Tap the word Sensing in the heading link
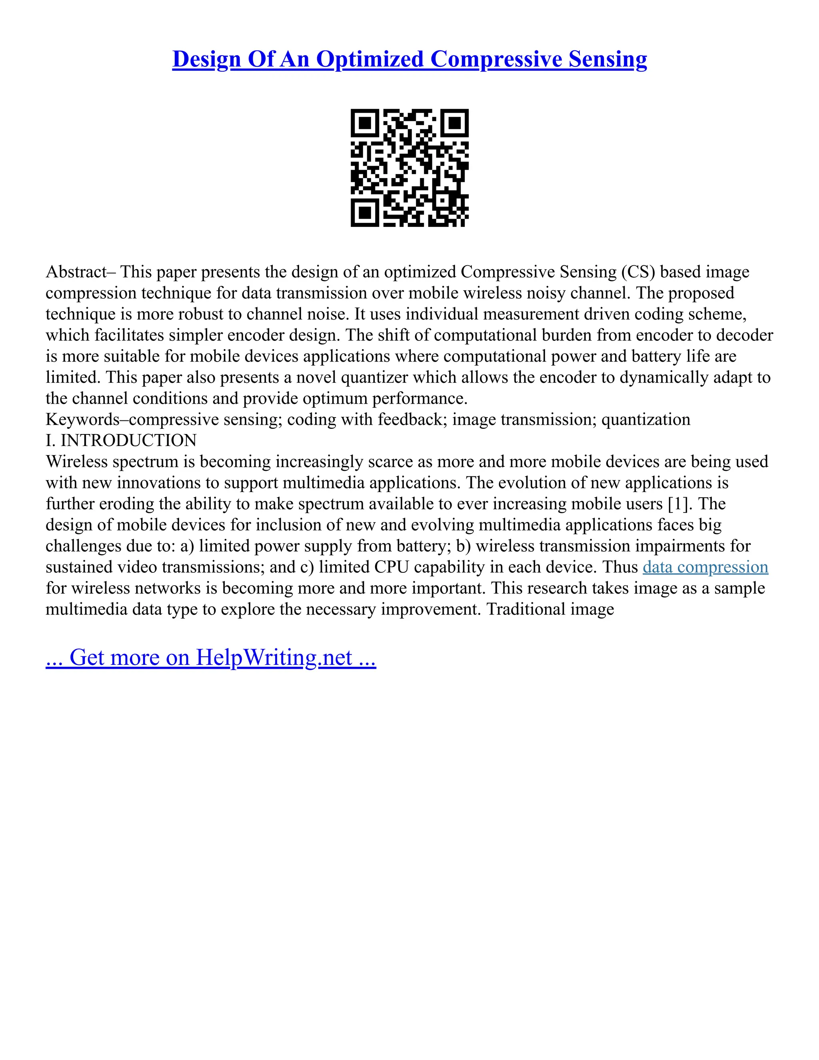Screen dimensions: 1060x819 pyautogui.click(x=607, y=59)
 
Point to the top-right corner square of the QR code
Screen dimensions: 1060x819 pyautogui.click(x=455, y=123)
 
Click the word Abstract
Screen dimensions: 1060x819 pyautogui.click(x=76, y=272)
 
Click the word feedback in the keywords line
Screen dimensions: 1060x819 pyautogui.click(x=412, y=419)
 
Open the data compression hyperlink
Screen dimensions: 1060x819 pyautogui.click(x=705, y=567)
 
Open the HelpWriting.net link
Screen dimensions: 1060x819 pyautogui.click(x=274, y=657)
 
